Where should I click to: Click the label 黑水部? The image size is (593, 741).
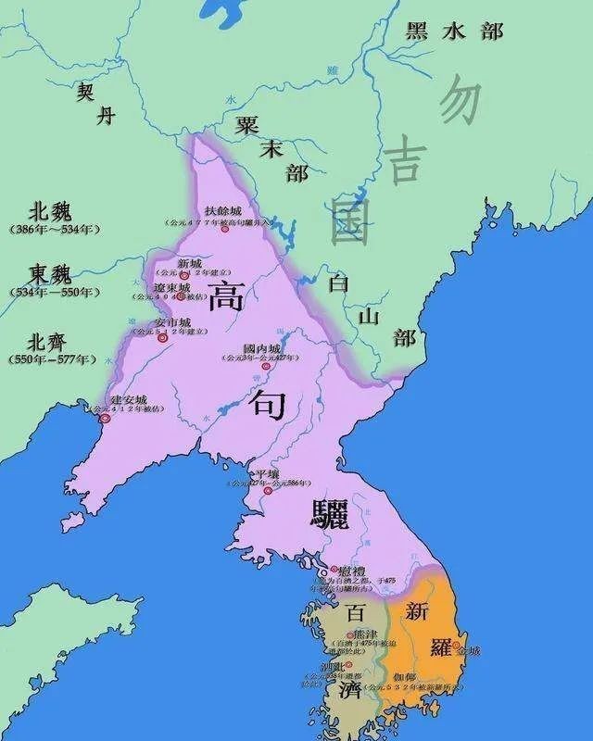point(454,30)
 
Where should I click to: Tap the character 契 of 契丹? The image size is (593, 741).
point(85,92)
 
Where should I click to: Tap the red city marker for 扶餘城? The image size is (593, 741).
point(225,229)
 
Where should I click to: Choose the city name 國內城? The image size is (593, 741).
point(259,349)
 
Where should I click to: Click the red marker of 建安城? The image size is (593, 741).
point(106,419)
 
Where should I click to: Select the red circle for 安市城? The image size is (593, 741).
point(163,339)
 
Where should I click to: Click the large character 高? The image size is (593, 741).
point(225,298)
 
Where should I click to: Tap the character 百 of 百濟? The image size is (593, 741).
point(355,612)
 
